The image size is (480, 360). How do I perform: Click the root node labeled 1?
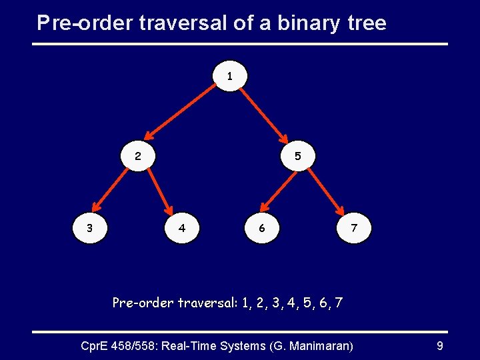(x=230, y=77)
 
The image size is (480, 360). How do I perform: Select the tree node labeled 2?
(x=138, y=157)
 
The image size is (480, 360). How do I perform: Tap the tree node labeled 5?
(x=298, y=157)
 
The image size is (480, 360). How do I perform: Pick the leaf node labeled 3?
(x=90, y=228)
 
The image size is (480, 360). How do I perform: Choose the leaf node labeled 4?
(x=182, y=228)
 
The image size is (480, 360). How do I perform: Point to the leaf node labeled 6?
(x=262, y=228)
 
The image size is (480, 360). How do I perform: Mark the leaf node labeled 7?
(x=354, y=228)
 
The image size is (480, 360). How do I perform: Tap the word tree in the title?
(x=363, y=23)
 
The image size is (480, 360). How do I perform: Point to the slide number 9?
(x=439, y=346)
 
